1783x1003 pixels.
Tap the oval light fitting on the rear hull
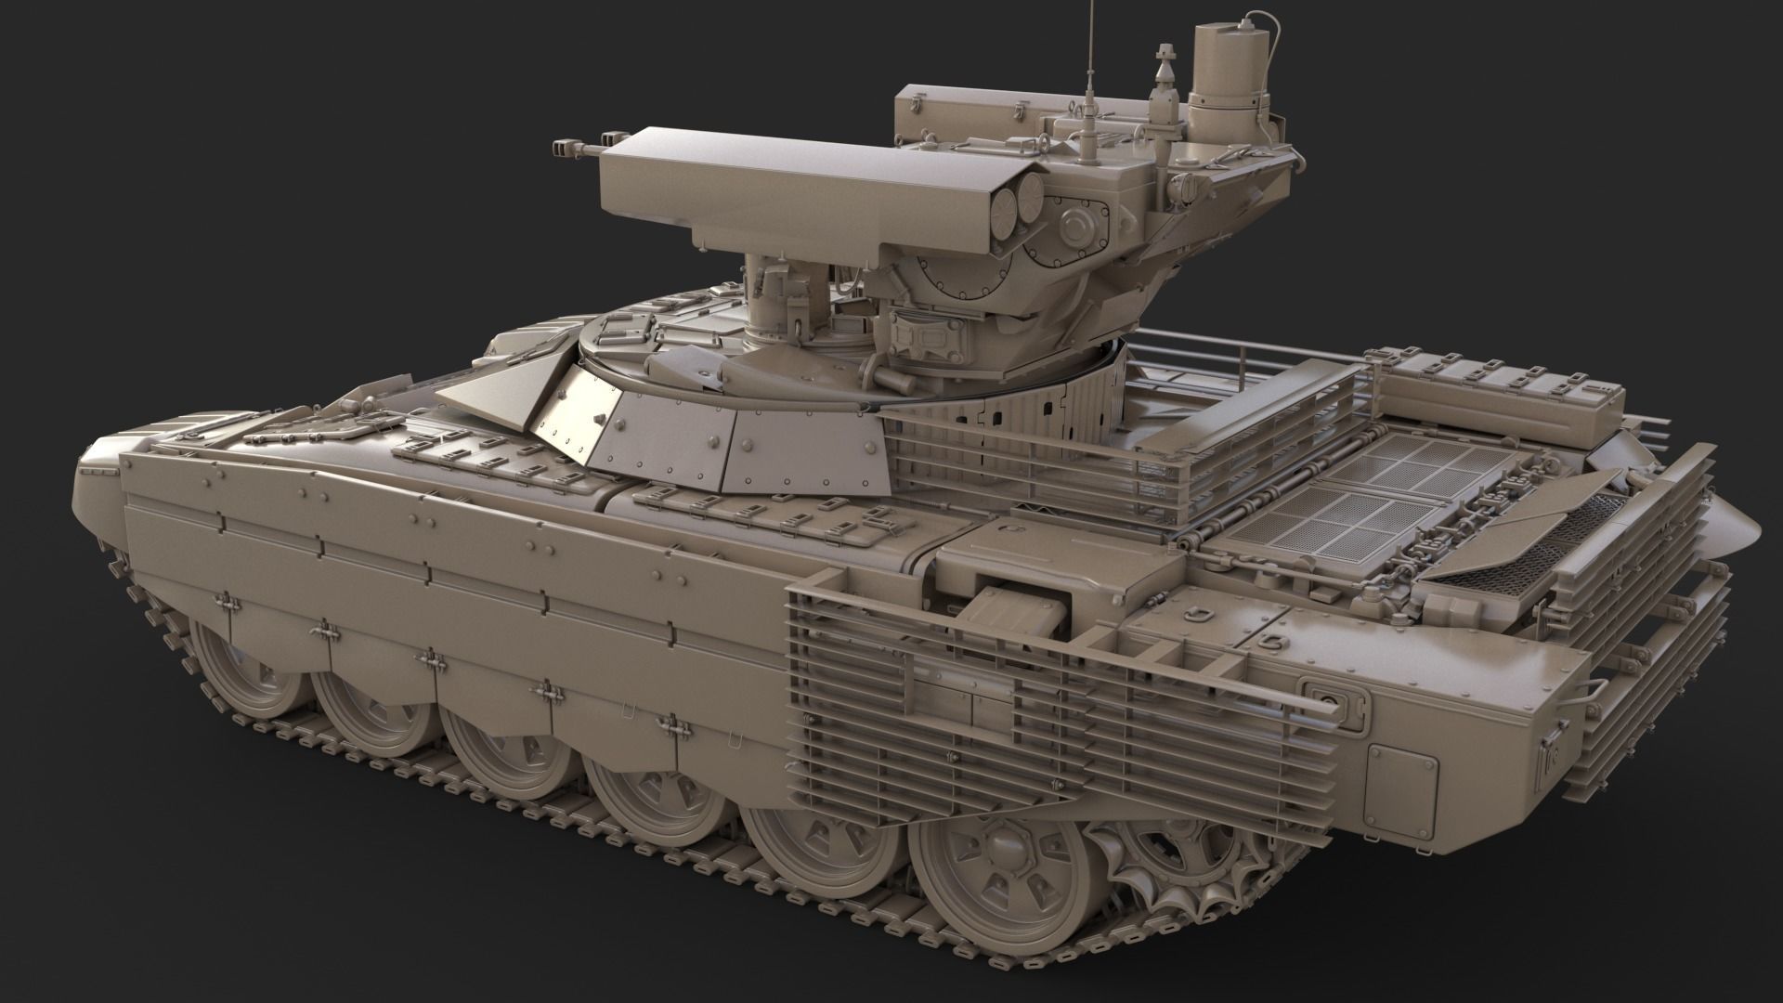click(x=1326, y=693)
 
